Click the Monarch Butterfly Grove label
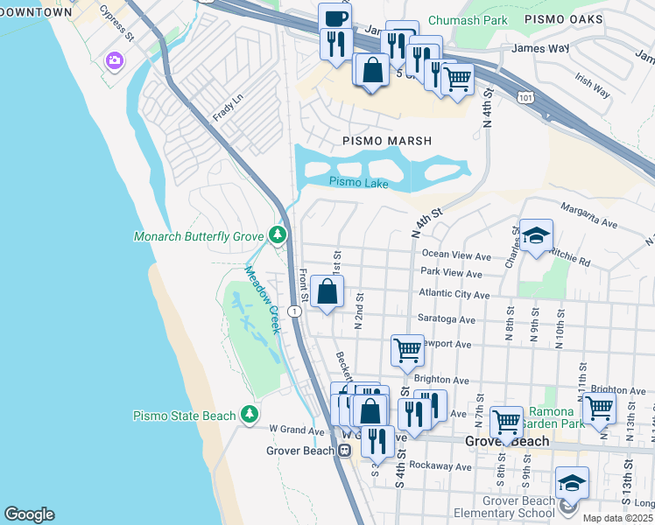(200, 236)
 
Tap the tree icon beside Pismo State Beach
(251, 414)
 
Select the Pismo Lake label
(358, 182)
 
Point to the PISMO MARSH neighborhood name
(387, 140)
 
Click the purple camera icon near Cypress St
(114, 60)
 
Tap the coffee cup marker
(335, 17)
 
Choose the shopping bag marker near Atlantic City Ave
(327, 292)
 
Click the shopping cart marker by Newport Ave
(407, 349)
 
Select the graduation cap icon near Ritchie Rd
(536, 234)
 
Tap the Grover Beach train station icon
(345, 451)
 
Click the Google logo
(29, 514)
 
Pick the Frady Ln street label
(226, 110)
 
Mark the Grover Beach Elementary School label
(505, 507)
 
